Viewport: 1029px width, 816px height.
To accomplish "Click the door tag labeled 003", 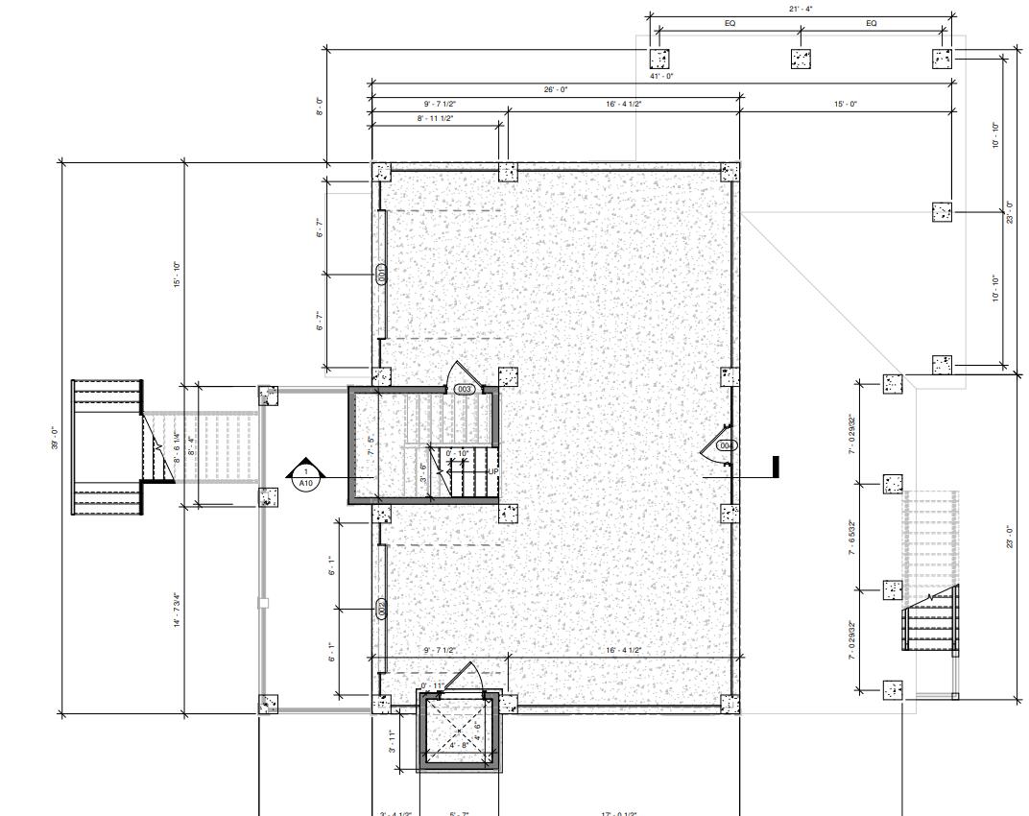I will pyautogui.click(x=465, y=389).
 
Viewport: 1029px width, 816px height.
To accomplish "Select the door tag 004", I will pyautogui.click(x=727, y=445).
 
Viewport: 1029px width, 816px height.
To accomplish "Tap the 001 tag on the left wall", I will pyautogui.click(x=381, y=275).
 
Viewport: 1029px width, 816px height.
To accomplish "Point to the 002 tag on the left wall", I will pyautogui.click(x=381, y=608).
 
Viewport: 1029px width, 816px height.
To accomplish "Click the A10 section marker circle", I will pyautogui.click(x=305, y=477).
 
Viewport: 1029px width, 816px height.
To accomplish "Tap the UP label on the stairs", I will pyautogui.click(x=492, y=471).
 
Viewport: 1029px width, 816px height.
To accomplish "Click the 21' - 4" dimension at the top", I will pyautogui.click(x=801, y=9).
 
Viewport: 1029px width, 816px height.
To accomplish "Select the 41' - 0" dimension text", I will pyautogui.click(x=661, y=75).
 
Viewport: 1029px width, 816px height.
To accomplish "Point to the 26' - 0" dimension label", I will pyautogui.click(x=556, y=88).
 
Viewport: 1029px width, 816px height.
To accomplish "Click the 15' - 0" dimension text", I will pyautogui.click(x=846, y=104).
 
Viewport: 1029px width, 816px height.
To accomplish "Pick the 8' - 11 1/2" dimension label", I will pyautogui.click(x=436, y=118).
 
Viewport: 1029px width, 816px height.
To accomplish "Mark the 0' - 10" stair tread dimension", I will pyautogui.click(x=457, y=453).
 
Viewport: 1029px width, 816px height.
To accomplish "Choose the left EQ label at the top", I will pyautogui.click(x=730, y=23).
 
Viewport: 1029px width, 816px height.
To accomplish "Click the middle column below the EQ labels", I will pyautogui.click(x=801, y=59).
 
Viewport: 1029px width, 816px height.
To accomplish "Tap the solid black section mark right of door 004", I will pyautogui.click(x=775, y=468).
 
